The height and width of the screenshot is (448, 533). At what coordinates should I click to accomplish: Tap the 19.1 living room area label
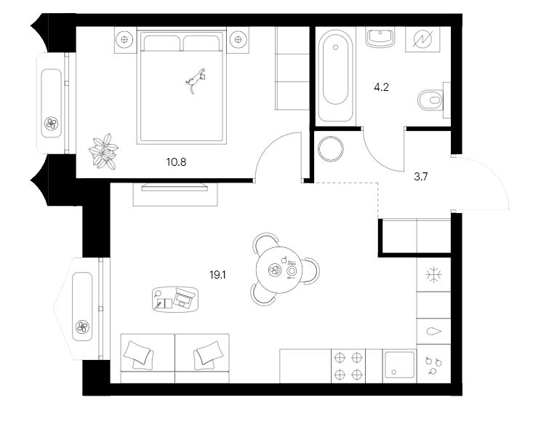218,275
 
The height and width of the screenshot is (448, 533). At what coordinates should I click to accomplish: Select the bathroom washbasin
380,36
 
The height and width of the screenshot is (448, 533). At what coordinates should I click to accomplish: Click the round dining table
281,270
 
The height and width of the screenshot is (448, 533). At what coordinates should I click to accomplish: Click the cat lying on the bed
196,78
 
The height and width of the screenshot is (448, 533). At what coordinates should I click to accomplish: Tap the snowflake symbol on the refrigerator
433,275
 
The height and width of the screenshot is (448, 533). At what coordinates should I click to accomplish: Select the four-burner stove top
348,366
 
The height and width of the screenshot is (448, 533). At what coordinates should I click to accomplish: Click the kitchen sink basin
399,366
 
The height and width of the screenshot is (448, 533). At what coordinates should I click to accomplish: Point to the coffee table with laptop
176,298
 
